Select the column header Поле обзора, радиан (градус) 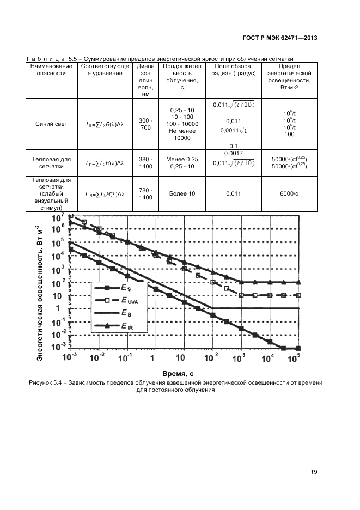233,70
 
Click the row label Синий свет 48,124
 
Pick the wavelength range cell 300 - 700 145,124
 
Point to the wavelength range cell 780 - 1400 145,193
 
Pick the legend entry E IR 126,326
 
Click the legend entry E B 125,313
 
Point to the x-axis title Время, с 178,374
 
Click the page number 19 314,472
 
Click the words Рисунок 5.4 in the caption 47,383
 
